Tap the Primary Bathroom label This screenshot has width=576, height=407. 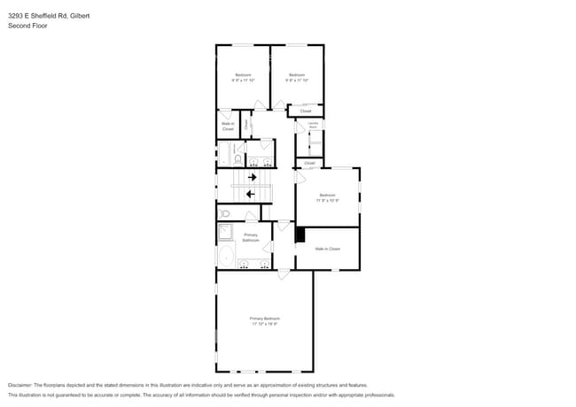coord(251,237)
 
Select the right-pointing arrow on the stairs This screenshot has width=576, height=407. coord(252,177)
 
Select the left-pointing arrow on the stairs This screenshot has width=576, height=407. coord(251,193)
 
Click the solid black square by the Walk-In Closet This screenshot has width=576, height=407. coord(300,234)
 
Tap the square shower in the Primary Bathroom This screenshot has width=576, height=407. coord(226,233)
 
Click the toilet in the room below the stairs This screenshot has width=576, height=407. coord(225,213)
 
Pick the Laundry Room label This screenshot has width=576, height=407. coord(312,127)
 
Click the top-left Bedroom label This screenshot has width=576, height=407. coord(243,74)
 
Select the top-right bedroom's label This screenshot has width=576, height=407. coord(296,74)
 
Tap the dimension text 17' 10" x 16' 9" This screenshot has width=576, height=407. coord(264,324)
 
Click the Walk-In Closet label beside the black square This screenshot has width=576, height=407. coord(328,249)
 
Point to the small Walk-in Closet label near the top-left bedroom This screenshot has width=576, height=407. coord(228,127)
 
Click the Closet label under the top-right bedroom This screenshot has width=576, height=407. coord(305,111)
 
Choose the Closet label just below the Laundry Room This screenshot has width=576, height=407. coord(309,163)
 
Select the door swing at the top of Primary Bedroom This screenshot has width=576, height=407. coord(283,275)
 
